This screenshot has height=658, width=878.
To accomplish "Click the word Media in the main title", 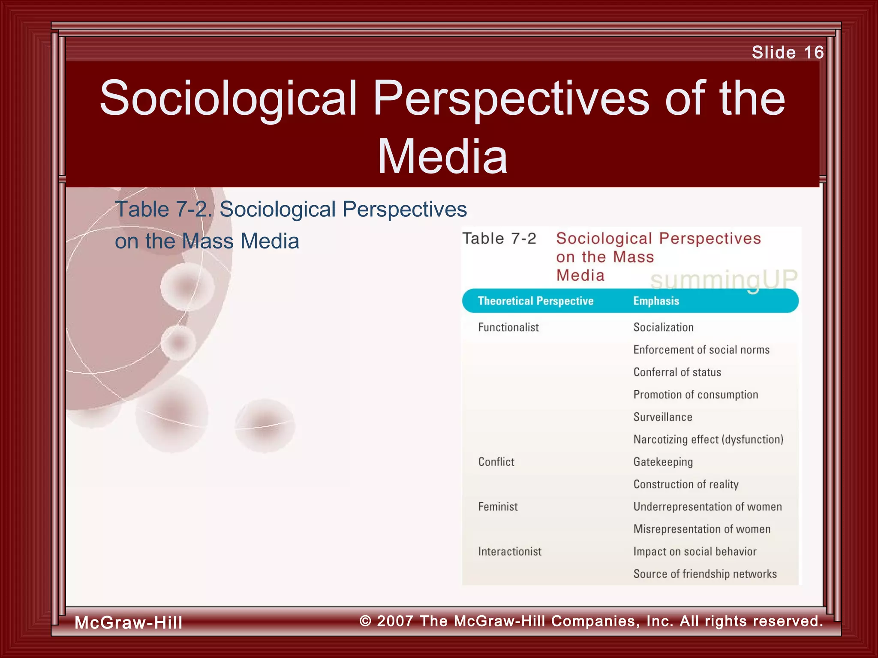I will pyautogui.click(x=442, y=157).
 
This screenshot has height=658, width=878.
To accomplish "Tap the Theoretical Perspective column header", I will pyautogui.click(x=535, y=301).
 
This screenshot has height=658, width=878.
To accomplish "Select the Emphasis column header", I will pyautogui.click(x=656, y=301).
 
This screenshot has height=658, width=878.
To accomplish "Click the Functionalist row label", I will pyautogui.click(x=508, y=327).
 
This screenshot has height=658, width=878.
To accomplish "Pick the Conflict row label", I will pyautogui.click(x=496, y=462).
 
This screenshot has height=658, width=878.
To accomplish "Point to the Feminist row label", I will pyautogui.click(x=498, y=507).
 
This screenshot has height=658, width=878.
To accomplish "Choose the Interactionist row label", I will pyautogui.click(x=510, y=551).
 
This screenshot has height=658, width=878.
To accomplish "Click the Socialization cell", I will pyautogui.click(x=663, y=327).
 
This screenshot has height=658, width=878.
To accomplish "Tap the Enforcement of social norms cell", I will pyautogui.click(x=701, y=350).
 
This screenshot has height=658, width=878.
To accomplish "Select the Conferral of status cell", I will pyautogui.click(x=677, y=372).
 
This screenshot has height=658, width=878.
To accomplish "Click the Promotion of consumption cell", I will pyautogui.click(x=695, y=395).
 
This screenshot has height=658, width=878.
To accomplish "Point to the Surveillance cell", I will pyautogui.click(x=663, y=417).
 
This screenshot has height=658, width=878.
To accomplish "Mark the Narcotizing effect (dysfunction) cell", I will pyautogui.click(x=708, y=440).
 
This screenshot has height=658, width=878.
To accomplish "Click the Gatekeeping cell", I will pyautogui.click(x=663, y=462).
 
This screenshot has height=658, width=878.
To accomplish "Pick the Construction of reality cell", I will pyautogui.click(x=686, y=485).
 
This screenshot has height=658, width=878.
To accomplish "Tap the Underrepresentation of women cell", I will pyautogui.click(x=707, y=507).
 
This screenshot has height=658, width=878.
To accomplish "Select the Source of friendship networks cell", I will pyautogui.click(x=705, y=574).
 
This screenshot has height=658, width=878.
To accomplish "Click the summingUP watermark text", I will pyautogui.click(x=724, y=279).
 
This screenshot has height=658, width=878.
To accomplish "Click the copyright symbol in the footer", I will pyautogui.click(x=365, y=621).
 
